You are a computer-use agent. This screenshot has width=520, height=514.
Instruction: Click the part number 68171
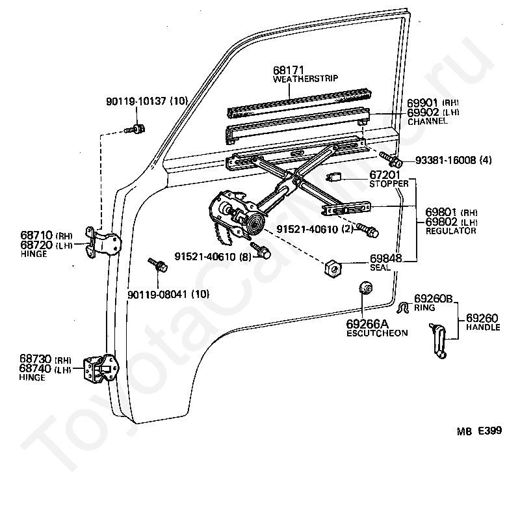tap(288, 70)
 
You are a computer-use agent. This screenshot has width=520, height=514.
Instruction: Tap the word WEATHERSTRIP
tap(305, 79)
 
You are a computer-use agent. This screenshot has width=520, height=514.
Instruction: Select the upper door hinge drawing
tap(103, 243)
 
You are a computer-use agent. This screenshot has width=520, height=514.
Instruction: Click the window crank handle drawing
tap(438, 340)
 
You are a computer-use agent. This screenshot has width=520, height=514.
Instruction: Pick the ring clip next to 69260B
tap(402, 308)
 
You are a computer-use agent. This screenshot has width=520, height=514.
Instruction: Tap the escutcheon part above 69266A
tap(365, 287)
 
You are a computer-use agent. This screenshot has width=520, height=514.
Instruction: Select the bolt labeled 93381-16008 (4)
tap(391, 159)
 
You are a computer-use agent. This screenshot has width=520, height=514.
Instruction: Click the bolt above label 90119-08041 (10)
tap(157, 265)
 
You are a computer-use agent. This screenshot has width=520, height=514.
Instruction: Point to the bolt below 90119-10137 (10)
tap(135, 129)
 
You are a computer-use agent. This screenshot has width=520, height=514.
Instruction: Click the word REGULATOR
tap(450, 231)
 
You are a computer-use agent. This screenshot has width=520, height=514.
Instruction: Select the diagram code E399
tap(490, 431)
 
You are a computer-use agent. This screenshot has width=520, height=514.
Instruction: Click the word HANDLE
tap(483, 327)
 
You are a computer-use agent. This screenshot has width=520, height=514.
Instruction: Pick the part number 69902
tap(422, 112)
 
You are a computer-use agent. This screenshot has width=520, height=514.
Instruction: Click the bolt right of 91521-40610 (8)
tap(261, 251)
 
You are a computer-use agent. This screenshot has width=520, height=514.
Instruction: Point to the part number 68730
tap(36, 358)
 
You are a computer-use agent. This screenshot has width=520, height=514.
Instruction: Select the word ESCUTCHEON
tap(377, 333)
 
